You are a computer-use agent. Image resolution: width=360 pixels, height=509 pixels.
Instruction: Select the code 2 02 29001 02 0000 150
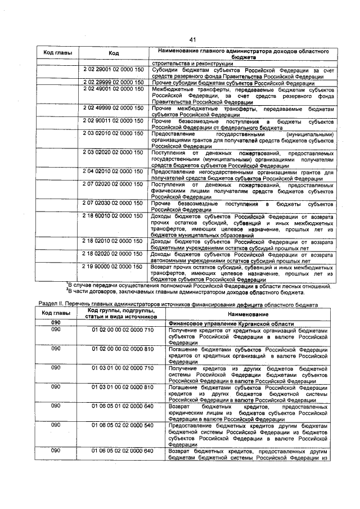(x=114, y=69)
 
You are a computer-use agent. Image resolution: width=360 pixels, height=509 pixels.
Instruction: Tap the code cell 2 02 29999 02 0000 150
(x=114, y=82)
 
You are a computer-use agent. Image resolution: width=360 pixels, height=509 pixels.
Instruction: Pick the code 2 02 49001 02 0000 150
(x=114, y=89)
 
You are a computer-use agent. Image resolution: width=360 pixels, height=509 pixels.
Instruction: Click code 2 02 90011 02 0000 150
(x=114, y=121)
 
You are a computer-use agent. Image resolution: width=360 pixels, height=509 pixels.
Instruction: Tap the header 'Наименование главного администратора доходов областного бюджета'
(x=243, y=53)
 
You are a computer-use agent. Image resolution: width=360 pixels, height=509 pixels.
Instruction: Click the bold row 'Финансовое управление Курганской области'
(x=231, y=325)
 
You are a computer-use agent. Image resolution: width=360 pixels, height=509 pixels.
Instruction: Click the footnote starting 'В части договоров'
(x=186, y=292)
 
